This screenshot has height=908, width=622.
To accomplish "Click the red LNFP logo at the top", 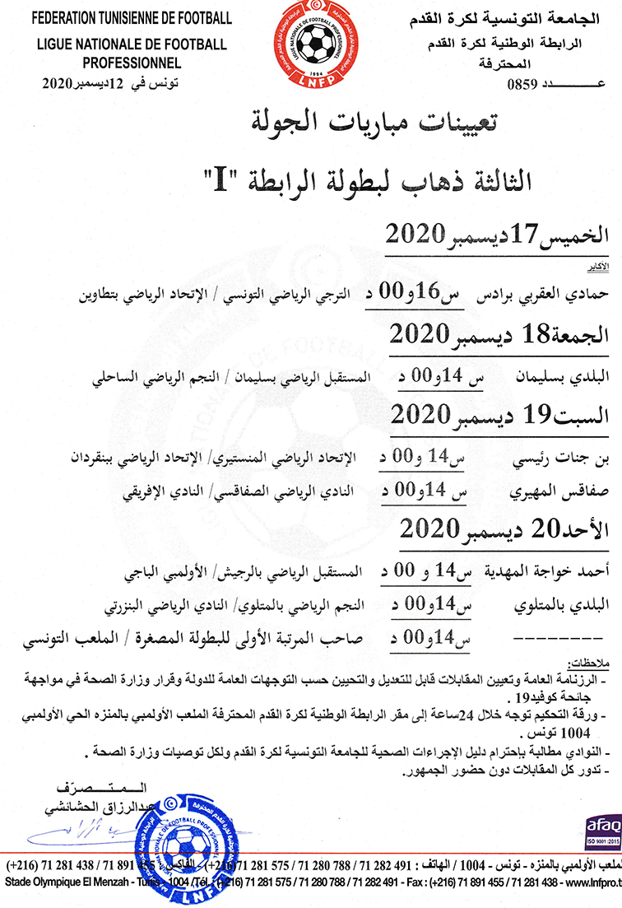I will [309, 45].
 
